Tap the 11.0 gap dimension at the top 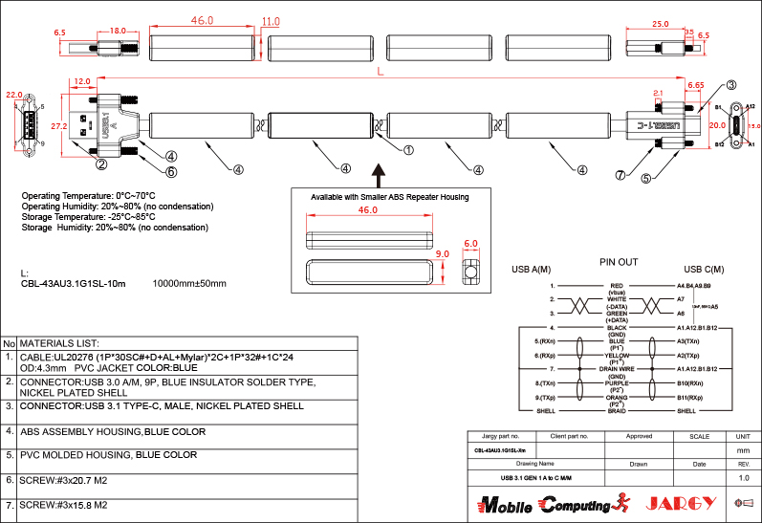pos(271,21)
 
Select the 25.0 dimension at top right pos(660,24)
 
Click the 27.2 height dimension pos(57,125)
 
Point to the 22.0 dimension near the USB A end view pos(13,96)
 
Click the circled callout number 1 pos(408,150)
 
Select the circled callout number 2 pos(100,163)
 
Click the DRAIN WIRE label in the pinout pos(617,368)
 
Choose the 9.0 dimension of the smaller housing pos(442,254)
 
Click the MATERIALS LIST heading pos(59,342)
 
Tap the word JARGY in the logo pos(682,503)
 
